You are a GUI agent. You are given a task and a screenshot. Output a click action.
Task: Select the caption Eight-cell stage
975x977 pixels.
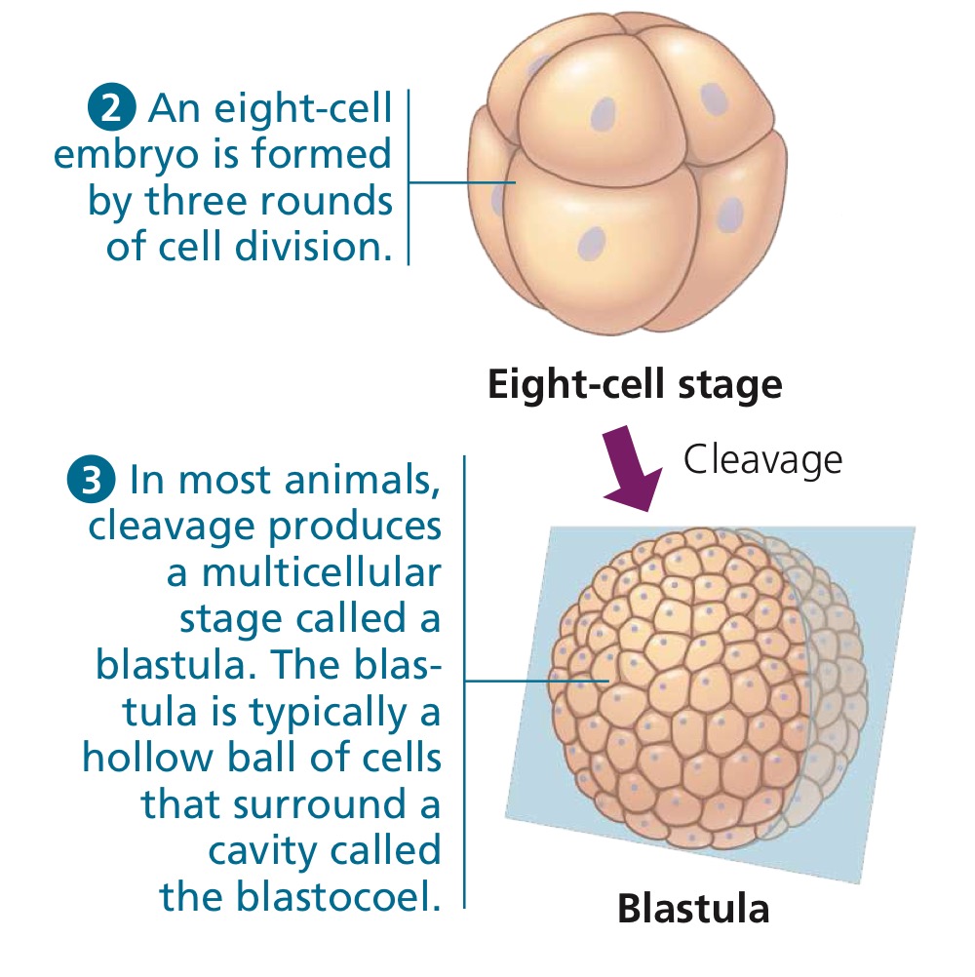pos(635,385)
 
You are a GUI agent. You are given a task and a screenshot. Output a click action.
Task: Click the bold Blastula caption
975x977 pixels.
pos(693,909)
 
